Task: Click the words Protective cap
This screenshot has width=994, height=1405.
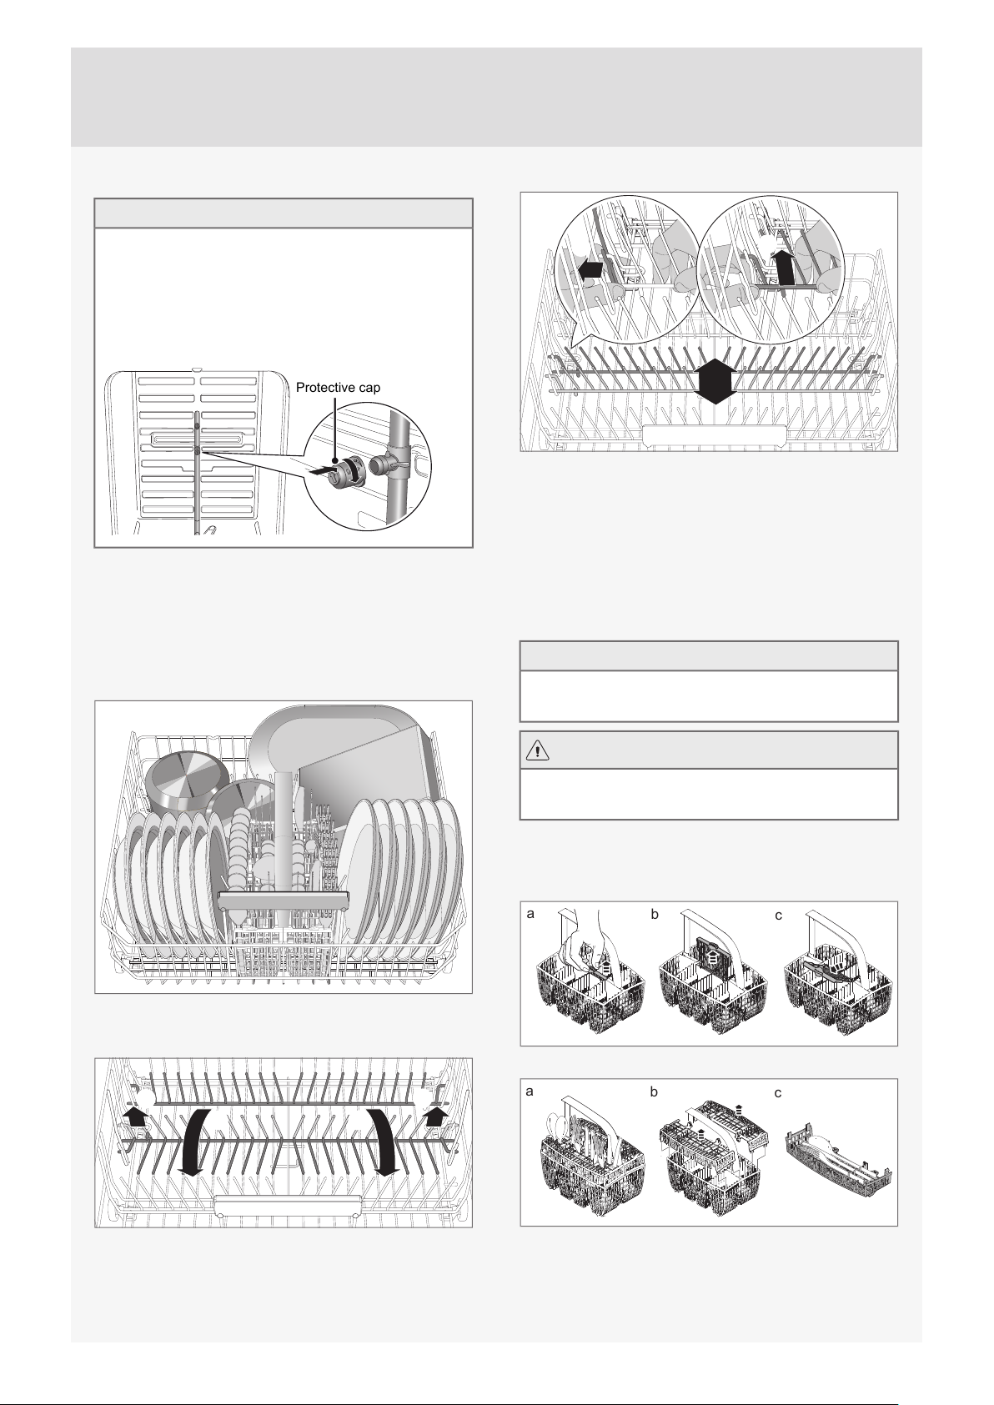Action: [x=338, y=388]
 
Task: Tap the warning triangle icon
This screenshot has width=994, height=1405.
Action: [x=538, y=750]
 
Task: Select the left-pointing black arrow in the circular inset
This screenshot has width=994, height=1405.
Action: [x=592, y=270]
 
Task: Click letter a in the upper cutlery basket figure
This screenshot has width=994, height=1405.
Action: [x=530, y=914]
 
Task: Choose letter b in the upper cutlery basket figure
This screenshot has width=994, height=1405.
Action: [x=655, y=914]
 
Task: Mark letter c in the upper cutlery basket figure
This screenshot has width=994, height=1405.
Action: [x=778, y=916]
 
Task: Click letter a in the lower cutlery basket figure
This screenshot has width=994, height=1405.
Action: [x=530, y=1091]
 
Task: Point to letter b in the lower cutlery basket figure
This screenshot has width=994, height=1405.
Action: [x=654, y=1091]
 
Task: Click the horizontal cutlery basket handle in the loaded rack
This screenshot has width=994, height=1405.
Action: [x=283, y=901]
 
